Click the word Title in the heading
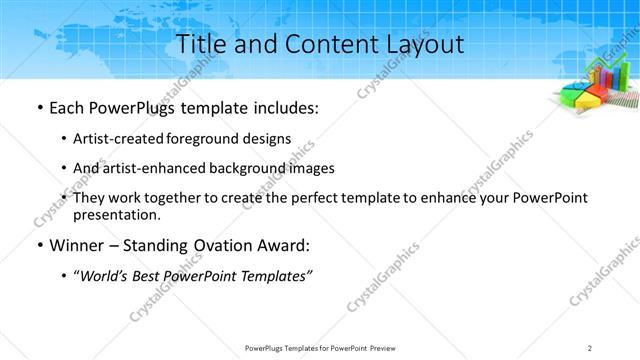click(201, 44)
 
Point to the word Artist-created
click(112, 139)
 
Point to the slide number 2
click(591, 347)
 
